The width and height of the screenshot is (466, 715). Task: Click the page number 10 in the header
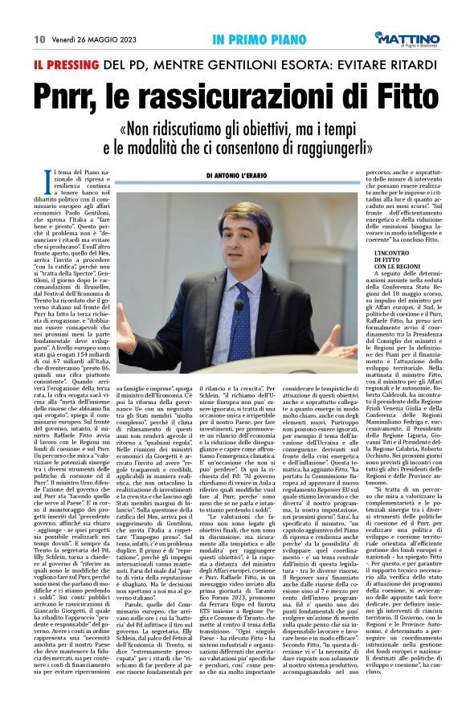click(39, 39)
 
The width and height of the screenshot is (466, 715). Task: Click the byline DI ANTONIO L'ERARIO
click(246, 175)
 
